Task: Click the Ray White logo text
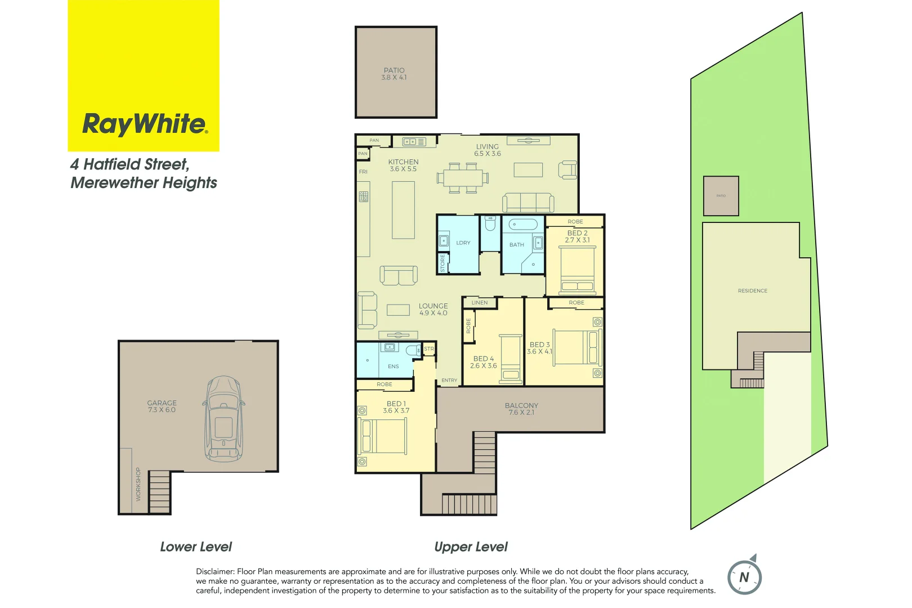coord(145,124)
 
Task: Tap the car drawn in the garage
coord(223,419)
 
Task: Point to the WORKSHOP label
coord(138,484)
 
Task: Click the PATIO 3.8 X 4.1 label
coord(394,74)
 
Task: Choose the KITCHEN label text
coord(403,162)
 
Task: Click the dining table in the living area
coord(462,178)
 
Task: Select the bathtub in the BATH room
coord(523,225)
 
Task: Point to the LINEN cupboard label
coord(480,303)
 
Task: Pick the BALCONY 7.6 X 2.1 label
coord(521,409)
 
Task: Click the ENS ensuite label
coord(393,366)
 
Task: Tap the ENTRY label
coord(449,381)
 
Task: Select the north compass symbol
coord(744,576)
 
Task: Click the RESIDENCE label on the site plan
coord(752,291)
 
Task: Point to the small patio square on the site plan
coord(721,196)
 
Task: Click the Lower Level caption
coord(196,547)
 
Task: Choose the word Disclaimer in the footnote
coord(214,571)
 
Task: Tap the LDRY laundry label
coord(463,243)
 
